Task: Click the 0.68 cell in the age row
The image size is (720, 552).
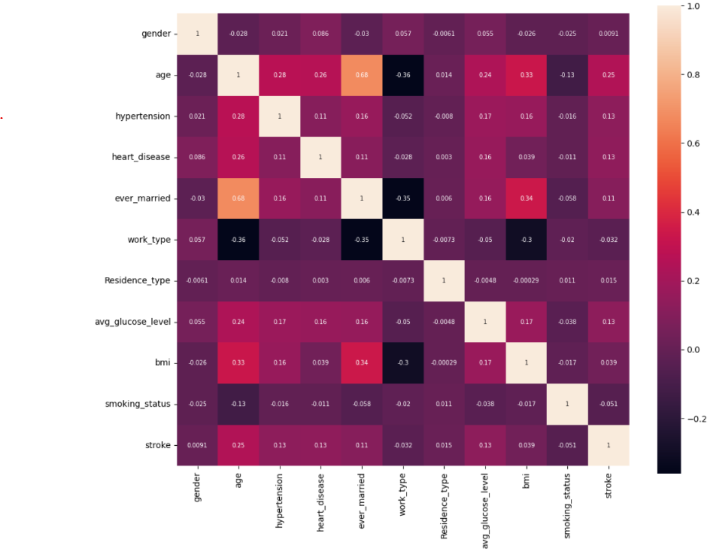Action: [362, 75]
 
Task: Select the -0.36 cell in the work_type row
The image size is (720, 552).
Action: [238, 240]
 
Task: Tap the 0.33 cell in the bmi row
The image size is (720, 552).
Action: [238, 363]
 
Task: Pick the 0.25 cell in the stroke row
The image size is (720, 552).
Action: [238, 445]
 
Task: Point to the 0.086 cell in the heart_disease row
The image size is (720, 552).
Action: [197, 157]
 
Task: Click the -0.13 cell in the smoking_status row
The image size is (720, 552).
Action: [238, 404]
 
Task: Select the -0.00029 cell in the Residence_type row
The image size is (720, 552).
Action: [526, 281]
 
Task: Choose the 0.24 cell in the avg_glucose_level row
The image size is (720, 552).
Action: [238, 322]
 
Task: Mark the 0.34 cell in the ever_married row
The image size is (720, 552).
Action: [526, 198]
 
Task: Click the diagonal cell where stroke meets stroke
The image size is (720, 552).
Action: [609, 445]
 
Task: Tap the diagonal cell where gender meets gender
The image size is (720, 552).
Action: [197, 34]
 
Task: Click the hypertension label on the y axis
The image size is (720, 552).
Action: [142, 116]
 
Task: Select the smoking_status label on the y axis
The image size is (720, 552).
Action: [137, 404]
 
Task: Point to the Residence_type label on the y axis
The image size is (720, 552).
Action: [137, 281]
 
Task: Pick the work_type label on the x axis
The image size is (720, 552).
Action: [403, 494]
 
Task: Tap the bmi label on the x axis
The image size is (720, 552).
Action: [526, 481]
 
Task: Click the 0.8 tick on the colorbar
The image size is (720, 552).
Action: [693, 75]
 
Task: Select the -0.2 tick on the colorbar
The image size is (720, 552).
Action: [696, 419]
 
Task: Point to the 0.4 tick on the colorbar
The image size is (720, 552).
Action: [693, 212]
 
